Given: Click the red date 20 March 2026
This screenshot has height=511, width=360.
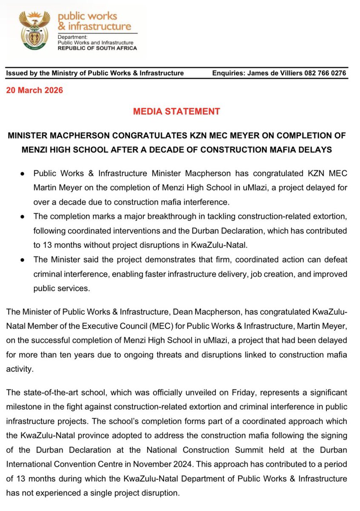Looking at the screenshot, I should tap(34, 90).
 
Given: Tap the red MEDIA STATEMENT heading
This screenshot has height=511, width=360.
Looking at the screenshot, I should tap(177, 112).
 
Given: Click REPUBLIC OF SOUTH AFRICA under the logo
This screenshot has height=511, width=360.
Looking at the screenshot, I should tap(97, 48).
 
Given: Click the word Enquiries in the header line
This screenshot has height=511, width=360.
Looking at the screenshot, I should tap(228, 73).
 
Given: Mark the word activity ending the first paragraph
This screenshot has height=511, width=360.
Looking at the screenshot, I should tap(19, 369).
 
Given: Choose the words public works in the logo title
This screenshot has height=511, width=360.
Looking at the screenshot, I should tap(87, 16).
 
